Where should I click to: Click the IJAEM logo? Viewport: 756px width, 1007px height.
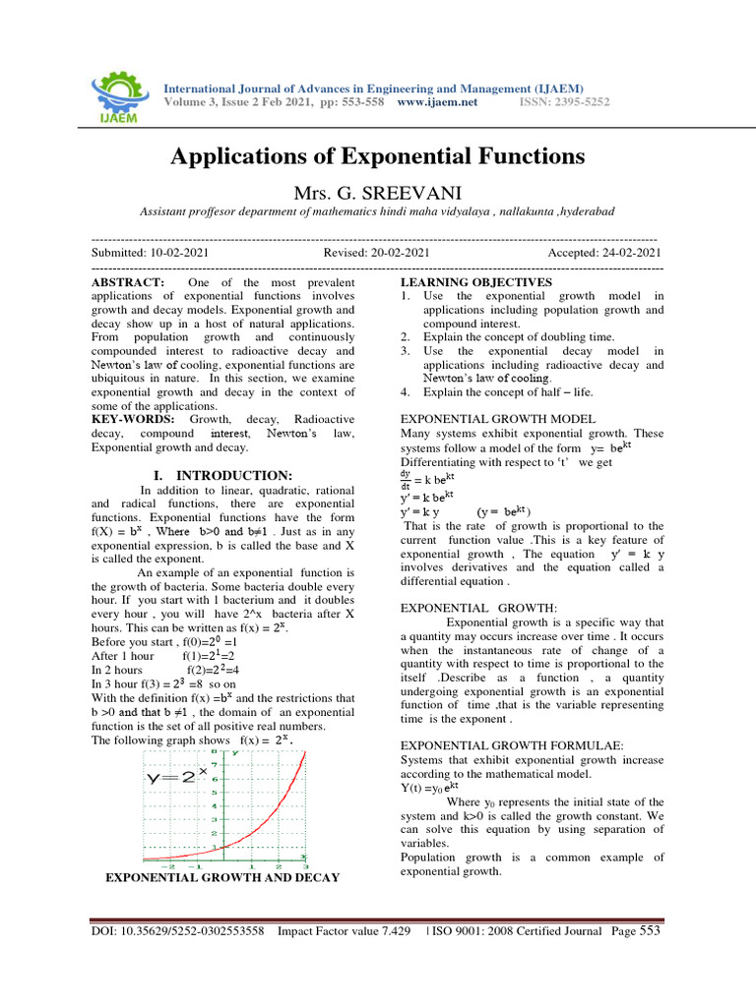115,89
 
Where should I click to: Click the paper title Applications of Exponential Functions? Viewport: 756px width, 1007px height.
378,155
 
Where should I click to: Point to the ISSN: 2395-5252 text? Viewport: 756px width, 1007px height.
564,101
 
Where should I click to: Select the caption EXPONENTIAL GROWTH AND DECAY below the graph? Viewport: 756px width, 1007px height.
222,877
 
